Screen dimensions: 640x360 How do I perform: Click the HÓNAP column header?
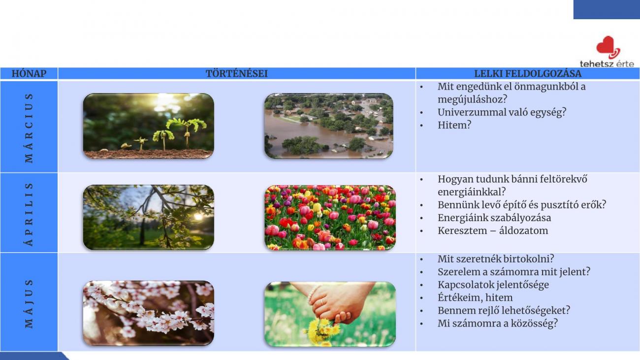[29, 74]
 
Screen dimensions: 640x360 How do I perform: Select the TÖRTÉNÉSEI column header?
[237, 74]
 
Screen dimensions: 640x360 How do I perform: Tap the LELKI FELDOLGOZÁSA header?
[528, 74]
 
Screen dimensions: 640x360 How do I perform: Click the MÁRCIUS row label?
[29, 128]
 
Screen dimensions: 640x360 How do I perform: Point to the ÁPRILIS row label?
[29, 214]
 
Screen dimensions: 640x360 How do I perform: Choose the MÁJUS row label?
[29, 304]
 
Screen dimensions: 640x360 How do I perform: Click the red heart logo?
[608, 47]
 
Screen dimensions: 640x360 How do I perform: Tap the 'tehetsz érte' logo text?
[607, 64]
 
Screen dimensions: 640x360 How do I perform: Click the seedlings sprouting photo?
[149, 126]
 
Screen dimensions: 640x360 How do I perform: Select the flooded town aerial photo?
[328, 126]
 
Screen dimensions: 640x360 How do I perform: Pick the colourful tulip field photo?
[330, 218]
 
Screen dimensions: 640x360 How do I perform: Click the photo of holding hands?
[330, 314]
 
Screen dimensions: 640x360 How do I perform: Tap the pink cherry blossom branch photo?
[149, 313]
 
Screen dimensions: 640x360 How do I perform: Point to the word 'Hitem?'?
[454, 125]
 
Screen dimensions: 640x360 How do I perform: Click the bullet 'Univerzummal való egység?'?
[502, 112]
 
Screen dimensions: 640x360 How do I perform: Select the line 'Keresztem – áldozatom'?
[493, 230]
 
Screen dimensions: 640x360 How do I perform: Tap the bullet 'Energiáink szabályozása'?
[494, 218]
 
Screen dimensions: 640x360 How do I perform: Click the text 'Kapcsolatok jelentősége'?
[493, 285]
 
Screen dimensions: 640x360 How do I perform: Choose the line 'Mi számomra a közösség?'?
[497, 324]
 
